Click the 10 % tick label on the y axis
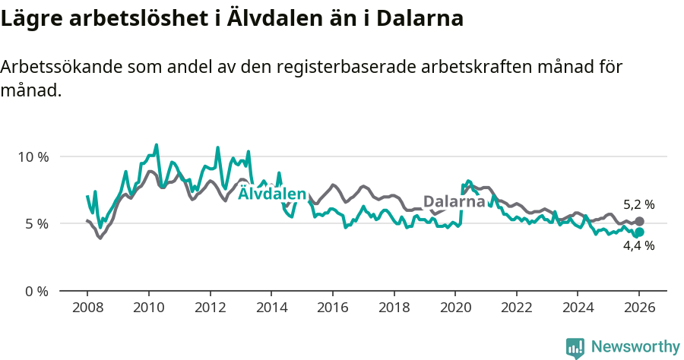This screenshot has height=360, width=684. (32, 156)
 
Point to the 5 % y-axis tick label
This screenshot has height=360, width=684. (35, 224)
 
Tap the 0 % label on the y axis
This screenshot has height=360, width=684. (35, 291)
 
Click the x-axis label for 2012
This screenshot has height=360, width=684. (210, 309)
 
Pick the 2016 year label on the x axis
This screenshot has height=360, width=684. (332, 309)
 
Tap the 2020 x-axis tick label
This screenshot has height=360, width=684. (454, 309)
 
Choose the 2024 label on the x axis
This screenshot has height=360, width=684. (577, 309)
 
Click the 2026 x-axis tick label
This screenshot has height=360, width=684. (638, 309)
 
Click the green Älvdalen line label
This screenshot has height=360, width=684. (272, 194)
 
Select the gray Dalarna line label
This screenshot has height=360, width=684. (454, 202)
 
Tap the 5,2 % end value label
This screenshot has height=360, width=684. (638, 204)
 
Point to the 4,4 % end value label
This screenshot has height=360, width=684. (638, 246)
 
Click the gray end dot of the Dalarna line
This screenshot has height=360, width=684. (639, 221)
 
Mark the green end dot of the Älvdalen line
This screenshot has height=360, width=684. (639, 232)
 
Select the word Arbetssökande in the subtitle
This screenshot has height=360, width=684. (58, 67)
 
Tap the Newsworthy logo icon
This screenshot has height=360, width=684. (575, 347)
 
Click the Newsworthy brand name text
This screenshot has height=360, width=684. (635, 347)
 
